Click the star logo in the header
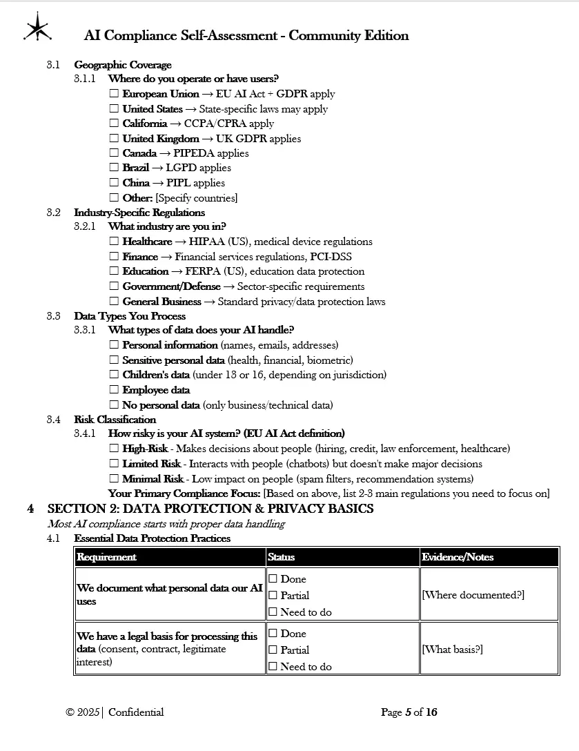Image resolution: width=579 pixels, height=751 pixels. [37, 28]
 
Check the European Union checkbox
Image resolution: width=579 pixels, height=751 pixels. [114, 94]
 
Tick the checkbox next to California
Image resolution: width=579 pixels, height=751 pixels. [114, 124]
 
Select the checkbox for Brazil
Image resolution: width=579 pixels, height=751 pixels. [114, 168]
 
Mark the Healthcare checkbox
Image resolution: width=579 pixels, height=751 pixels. [114, 242]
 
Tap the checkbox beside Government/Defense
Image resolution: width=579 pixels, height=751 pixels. [114, 286]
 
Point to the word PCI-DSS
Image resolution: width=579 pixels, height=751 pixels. [331, 257]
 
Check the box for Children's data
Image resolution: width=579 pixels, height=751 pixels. [114, 375]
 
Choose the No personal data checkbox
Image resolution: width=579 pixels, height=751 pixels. [114, 405]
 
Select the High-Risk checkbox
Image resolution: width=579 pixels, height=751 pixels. [114, 449]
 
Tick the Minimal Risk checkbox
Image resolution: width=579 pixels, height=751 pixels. [114, 479]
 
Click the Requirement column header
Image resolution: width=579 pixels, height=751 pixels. [106, 557]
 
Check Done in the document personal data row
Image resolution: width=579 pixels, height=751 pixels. [273, 579]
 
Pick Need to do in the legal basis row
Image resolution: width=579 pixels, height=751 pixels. [273, 667]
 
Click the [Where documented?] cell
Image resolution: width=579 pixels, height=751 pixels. [473, 595]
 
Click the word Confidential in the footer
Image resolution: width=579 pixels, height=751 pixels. [136, 712]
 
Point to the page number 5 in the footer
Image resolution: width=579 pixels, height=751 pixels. [408, 712]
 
